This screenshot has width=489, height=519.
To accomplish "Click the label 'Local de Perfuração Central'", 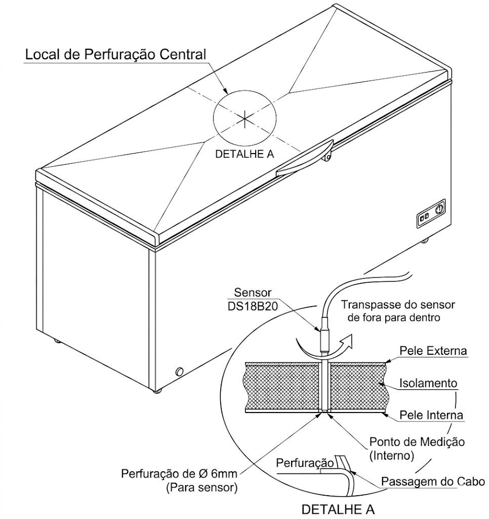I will [x=116, y=54].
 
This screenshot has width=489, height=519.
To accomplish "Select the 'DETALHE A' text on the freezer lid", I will [x=244, y=154].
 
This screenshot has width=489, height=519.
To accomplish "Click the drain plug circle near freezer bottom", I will [x=180, y=371].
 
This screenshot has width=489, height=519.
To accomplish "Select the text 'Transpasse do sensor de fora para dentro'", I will [x=397, y=311].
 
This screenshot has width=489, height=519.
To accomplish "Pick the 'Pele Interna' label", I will [x=431, y=415].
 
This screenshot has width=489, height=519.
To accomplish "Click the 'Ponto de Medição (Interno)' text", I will [x=417, y=448].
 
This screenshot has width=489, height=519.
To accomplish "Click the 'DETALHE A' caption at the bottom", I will [x=338, y=509].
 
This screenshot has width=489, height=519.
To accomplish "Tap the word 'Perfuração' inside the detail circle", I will [x=305, y=463].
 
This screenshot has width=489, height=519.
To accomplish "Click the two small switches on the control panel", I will [x=424, y=216].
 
